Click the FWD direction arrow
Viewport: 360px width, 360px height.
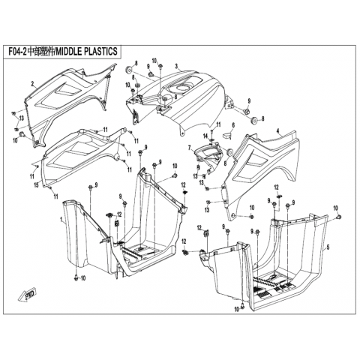[x=27, y=296]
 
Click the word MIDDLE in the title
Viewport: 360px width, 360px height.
[x=68, y=51]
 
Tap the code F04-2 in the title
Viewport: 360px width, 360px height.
[x=17, y=52]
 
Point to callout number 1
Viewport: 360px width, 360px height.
[x=61, y=220]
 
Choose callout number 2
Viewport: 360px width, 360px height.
[x=32, y=84]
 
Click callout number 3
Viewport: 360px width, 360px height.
[x=176, y=66]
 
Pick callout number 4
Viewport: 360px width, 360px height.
[x=277, y=130]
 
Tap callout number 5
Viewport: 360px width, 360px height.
[x=328, y=247]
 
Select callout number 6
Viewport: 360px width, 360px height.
[x=233, y=125]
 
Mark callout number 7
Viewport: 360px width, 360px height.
[x=190, y=148]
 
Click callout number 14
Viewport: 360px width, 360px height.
[x=205, y=136]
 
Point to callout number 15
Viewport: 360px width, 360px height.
[x=37, y=185]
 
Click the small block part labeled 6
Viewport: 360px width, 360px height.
[x=226, y=135]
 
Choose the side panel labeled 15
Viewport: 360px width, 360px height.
[x=81, y=155]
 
